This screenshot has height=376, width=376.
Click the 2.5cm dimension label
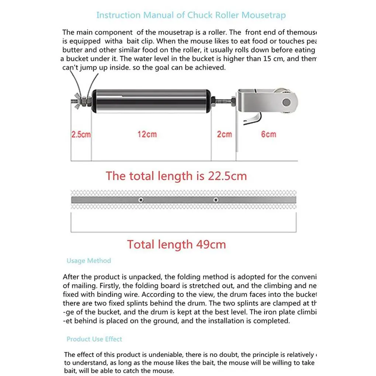coord(81,135)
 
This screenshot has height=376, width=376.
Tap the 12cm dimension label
coord(147,135)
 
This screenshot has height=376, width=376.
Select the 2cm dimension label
coord(224,135)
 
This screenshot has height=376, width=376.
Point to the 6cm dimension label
coord(268,135)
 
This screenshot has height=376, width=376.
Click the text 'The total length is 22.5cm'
coord(176,176)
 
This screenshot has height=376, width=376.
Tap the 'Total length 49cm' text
coord(176,244)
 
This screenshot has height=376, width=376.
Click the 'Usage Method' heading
coord(88,261)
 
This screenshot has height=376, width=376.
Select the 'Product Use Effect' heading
coord(94,339)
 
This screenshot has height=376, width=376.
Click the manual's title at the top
coord(191,15)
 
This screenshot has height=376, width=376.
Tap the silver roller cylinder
coord(151,101)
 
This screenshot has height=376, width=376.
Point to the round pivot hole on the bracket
coord(286,102)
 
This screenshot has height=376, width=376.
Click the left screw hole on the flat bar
coord(140,200)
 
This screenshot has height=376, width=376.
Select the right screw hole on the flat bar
coord(216,200)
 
